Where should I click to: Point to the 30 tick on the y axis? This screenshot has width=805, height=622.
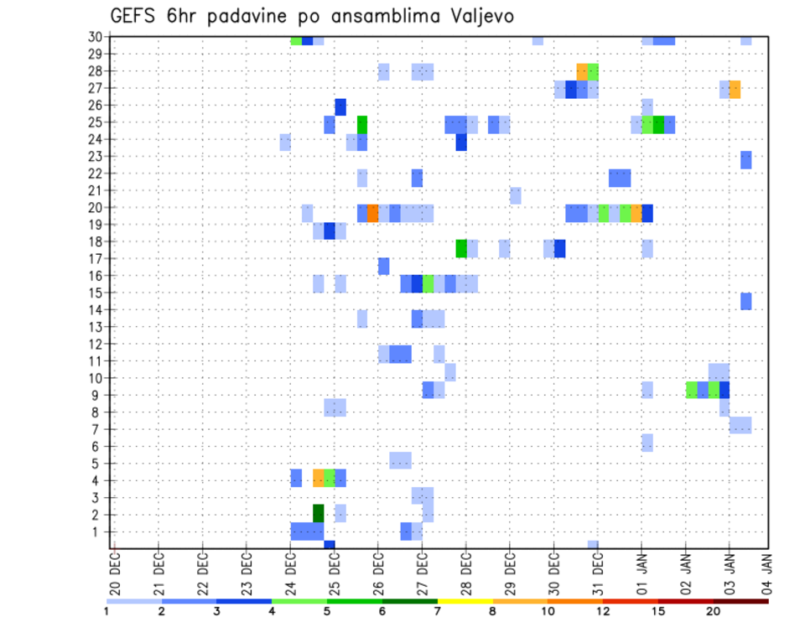(x=96, y=37)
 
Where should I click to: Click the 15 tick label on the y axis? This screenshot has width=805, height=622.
(x=96, y=293)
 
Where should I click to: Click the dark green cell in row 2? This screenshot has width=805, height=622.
(x=318, y=513)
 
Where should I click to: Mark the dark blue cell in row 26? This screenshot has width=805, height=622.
(x=340, y=106)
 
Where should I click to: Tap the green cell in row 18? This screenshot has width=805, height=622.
(x=461, y=248)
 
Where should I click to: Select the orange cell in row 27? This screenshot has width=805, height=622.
(x=735, y=89)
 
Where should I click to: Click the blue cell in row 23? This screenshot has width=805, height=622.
(x=746, y=159)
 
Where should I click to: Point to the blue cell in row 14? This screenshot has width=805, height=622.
(x=746, y=301)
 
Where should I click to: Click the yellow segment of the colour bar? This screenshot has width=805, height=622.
(x=465, y=601)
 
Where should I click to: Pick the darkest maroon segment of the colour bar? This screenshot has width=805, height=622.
(x=740, y=601)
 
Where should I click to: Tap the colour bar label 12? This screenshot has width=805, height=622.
(x=603, y=611)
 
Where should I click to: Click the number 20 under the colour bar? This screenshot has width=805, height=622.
(x=713, y=611)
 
